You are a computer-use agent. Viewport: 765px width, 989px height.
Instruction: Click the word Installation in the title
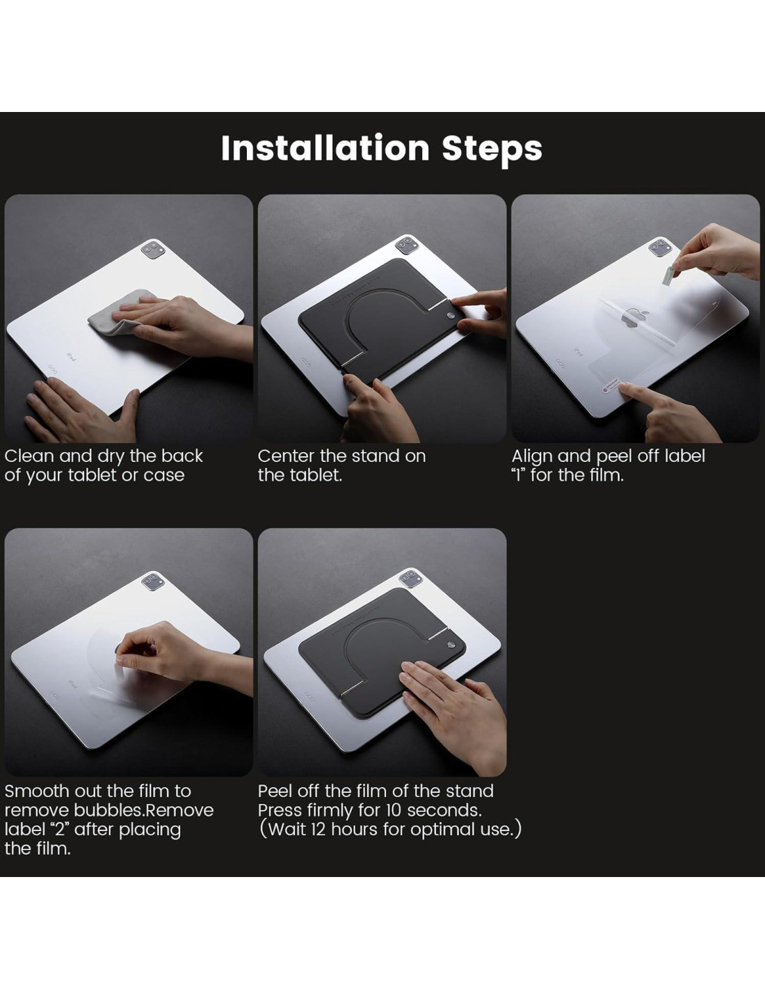(x=325, y=148)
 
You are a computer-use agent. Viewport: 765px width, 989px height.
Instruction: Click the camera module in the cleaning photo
(x=152, y=250)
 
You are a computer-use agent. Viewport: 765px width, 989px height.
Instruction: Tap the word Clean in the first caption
(x=29, y=456)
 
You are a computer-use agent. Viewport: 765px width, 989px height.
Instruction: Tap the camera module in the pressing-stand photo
(x=410, y=579)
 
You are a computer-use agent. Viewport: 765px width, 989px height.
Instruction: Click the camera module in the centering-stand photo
(x=406, y=246)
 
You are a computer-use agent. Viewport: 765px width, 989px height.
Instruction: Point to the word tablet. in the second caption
(x=317, y=475)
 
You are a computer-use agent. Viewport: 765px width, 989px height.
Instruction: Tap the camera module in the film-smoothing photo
(x=152, y=581)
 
